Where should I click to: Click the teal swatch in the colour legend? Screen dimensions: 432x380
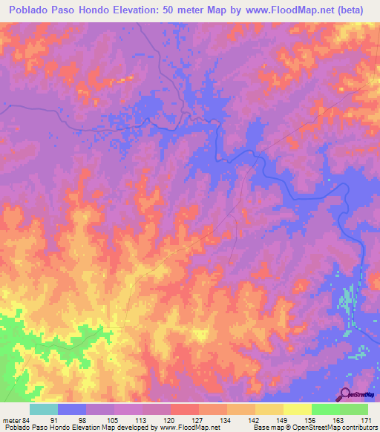[x=44, y=409]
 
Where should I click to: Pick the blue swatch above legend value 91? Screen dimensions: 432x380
[x=72, y=409]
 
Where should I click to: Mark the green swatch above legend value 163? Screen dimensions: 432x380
[x=325, y=409]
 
